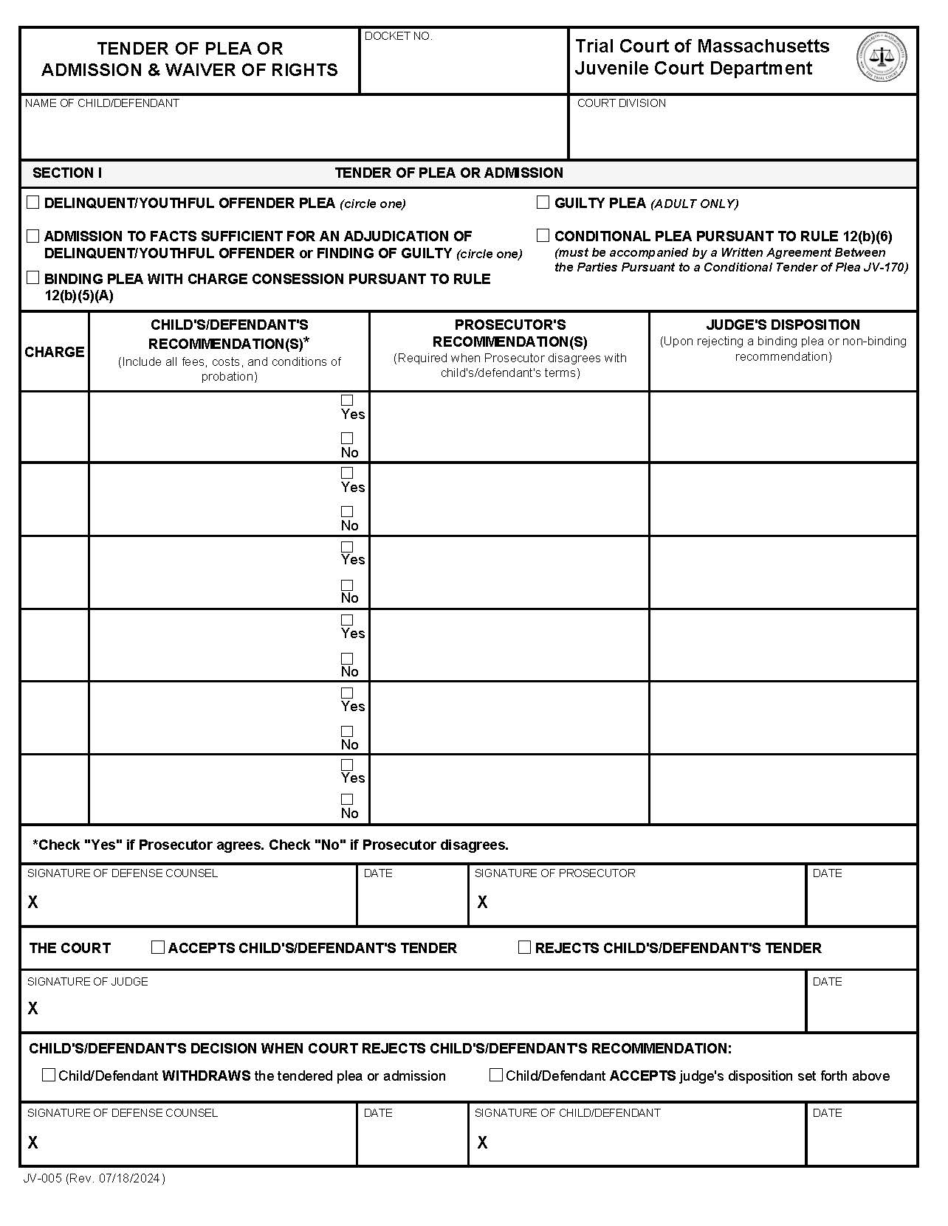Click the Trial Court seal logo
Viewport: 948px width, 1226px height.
tap(882, 58)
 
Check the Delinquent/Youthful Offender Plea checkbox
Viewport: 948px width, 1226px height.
tap(33, 202)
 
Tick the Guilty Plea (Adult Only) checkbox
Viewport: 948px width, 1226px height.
tap(543, 202)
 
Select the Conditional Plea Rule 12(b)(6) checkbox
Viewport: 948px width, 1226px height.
tap(543, 235)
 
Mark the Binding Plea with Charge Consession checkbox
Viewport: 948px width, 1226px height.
tap(33, 278)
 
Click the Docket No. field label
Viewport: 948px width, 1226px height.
tap(399, 36)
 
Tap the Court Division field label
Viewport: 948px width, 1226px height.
tap(621, 103)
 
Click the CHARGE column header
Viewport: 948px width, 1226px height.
tap(54, 352)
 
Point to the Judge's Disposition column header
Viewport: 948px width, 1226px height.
tap(783, 325)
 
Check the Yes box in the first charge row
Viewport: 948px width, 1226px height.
tap(347, 401)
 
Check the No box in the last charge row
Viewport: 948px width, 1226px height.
tap(347, 800)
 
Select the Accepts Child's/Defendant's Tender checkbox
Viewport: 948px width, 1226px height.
tap(157, 947)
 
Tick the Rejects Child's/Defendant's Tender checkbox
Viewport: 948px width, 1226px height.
tap(524, 947)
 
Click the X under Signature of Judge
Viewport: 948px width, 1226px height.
tap(32, 1008)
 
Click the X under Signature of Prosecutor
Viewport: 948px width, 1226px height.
tap(482, 902)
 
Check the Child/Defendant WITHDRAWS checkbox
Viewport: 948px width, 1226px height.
tap(49, 1076)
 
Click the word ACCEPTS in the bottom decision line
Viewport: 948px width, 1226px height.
tap(642, 1076)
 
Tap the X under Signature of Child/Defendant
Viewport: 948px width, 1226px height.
tap(482, 1143)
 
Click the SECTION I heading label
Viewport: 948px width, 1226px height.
tap(67, 173)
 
